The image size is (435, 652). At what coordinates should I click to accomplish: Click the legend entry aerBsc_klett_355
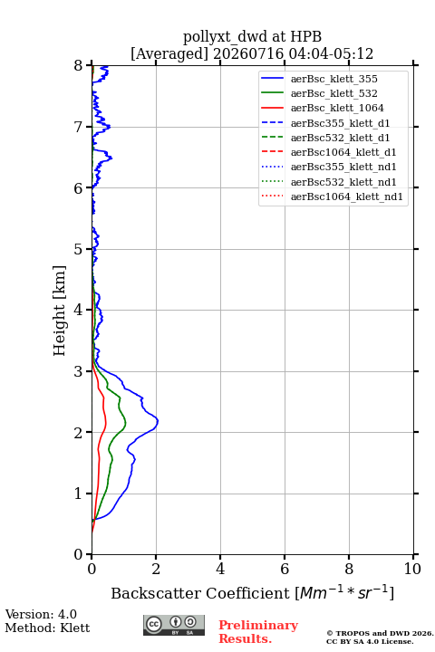coord(319,79)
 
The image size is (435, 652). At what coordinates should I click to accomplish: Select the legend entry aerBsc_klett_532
coord(319,93)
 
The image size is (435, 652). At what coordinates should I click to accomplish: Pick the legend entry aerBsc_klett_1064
coord(323,108)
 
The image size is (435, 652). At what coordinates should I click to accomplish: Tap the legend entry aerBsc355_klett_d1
coord(325,123)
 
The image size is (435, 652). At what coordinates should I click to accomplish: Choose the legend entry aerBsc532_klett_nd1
coord(329,182)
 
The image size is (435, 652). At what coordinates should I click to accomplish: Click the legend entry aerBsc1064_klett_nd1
coord(333,197)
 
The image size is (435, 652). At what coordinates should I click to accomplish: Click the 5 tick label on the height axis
coord(79,249)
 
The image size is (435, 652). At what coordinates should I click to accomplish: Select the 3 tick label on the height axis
coord(79,371)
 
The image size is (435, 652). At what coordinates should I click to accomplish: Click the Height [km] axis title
coord(60,311)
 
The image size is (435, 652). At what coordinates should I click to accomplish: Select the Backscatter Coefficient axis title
coord(252,592)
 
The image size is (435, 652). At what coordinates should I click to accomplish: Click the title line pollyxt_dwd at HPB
coord(252,36)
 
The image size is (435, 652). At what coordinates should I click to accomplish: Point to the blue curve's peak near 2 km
coord(159,422)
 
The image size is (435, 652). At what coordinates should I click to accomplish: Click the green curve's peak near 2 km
coord(125,424)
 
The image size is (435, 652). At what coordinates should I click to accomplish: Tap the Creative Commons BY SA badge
coord(174,625)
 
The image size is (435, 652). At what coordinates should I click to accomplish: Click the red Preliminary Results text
coord(258,631)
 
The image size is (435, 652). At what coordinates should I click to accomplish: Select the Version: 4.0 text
coord(41,614)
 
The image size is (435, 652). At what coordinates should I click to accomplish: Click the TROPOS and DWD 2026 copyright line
coord(380,633)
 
